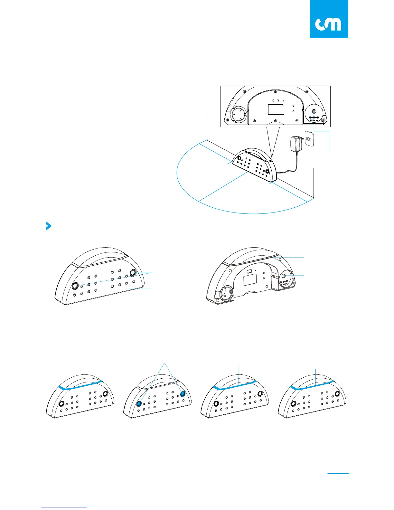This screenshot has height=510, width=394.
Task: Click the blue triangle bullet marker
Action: coord(49,226)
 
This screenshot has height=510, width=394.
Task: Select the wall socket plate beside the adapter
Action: coord(309,139)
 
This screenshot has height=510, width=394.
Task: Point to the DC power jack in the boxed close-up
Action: coord(314,111)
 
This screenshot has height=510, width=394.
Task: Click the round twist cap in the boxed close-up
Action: coord(238,114)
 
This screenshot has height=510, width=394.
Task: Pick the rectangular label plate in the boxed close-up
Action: coord(276,109)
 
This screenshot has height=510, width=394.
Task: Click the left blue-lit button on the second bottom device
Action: coord(140,404)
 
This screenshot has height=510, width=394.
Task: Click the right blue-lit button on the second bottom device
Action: coord(183,394)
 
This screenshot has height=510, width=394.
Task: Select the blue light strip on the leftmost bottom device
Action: coord(80,385)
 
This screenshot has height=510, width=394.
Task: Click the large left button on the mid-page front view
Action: coord(75,286)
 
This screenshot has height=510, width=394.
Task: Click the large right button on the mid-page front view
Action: coord(133,273)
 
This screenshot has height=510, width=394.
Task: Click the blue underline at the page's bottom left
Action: coord(64,507)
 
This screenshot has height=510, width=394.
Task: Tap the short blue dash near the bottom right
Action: coord(338,474)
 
